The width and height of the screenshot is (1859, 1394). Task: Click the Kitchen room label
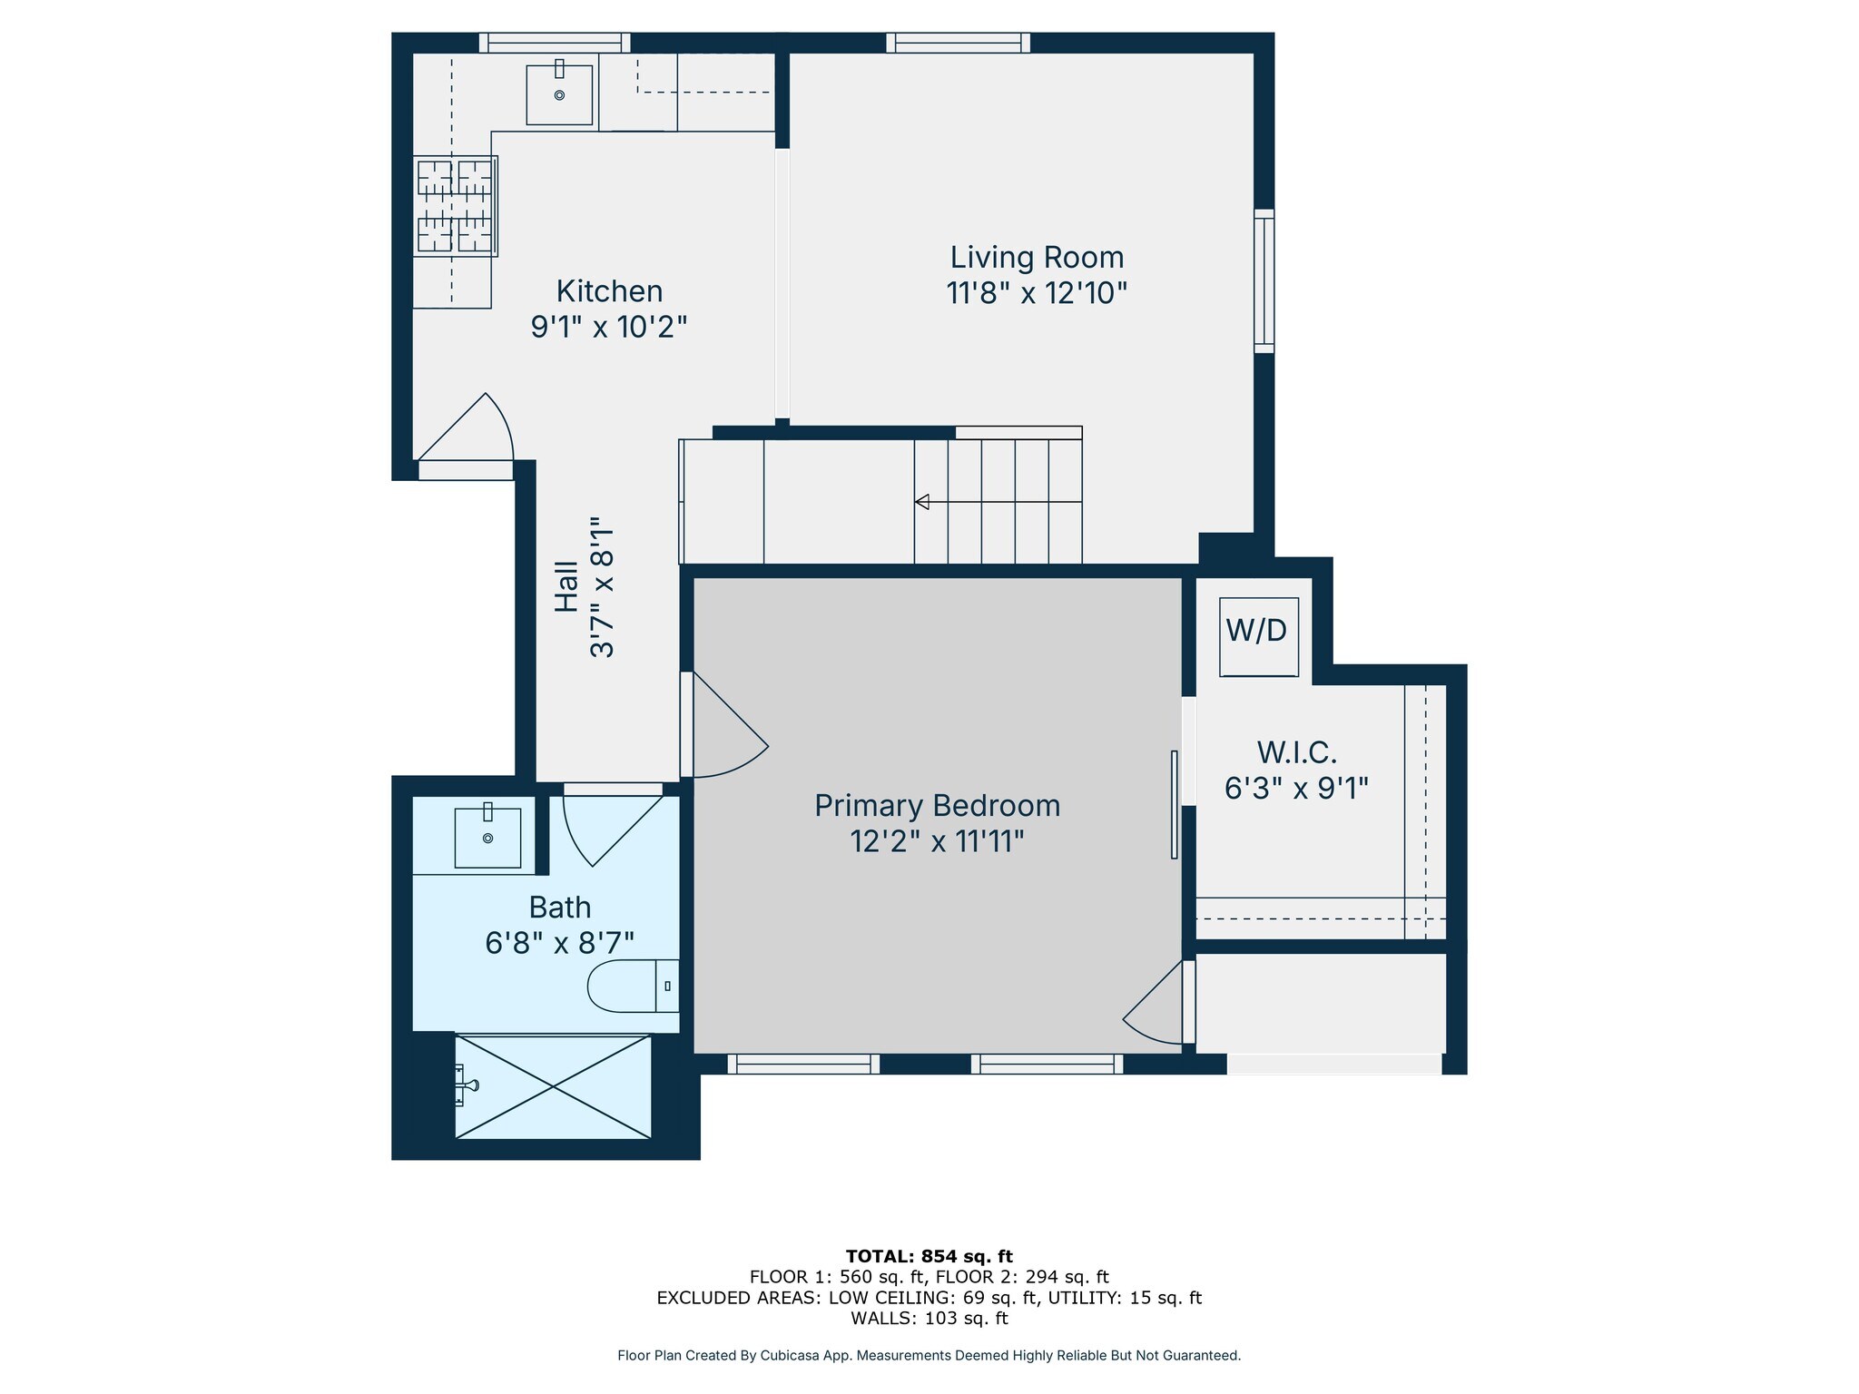pyautogui.click(x=609, y=291)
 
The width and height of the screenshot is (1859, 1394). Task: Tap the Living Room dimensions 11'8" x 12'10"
pyautogui.click(x=1037, y=293)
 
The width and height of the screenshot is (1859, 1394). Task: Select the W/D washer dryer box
pyautogui.click(x=1258, y=636)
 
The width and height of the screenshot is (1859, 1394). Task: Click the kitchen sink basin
pyautogui.click(x=559, y=93)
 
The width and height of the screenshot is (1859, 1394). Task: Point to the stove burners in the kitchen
pyautogui.click(x=455, y=205)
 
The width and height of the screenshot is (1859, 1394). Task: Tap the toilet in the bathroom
pyautogui.click(x=634, y=986)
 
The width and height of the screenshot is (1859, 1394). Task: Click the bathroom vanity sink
pyautogui.click(x=487, y=837)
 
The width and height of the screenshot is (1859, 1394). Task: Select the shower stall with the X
pyautogui.click(x=553, y=1086)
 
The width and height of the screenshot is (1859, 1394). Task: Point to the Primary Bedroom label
pyautogui.click(x=937, y=806)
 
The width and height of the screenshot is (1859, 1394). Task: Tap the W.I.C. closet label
pyautogui.click(x=1296, y=752)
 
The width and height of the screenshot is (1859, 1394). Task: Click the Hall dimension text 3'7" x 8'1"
pyautogui.click(x=602, y=587)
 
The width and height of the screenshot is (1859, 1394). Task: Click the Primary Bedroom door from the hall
pyautogui.click(x=724, y=725)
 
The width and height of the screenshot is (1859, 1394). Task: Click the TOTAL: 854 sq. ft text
pyautogui.click(x=929, y=1257)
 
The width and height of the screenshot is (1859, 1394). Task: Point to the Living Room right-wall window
pyautogui.click(x=1264, y=281)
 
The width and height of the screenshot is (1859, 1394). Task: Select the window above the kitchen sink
pyautogui.click(x=555, y=43)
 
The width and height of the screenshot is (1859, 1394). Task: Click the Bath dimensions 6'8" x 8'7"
pyautogui.click(x=560, y=944)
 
